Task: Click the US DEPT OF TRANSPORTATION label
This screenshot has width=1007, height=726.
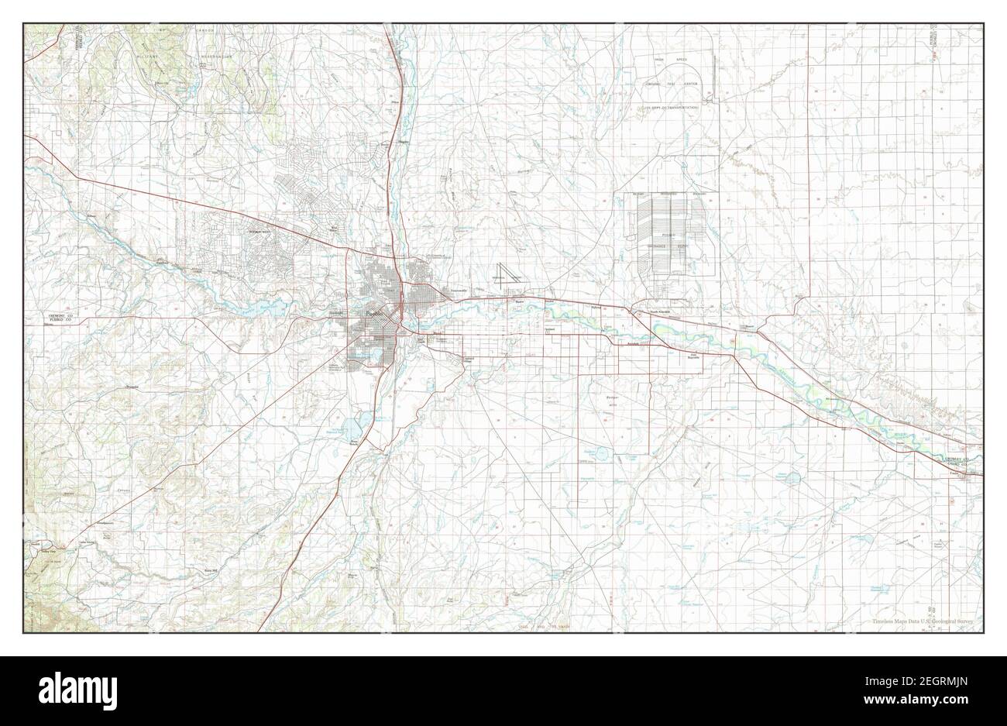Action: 668,108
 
